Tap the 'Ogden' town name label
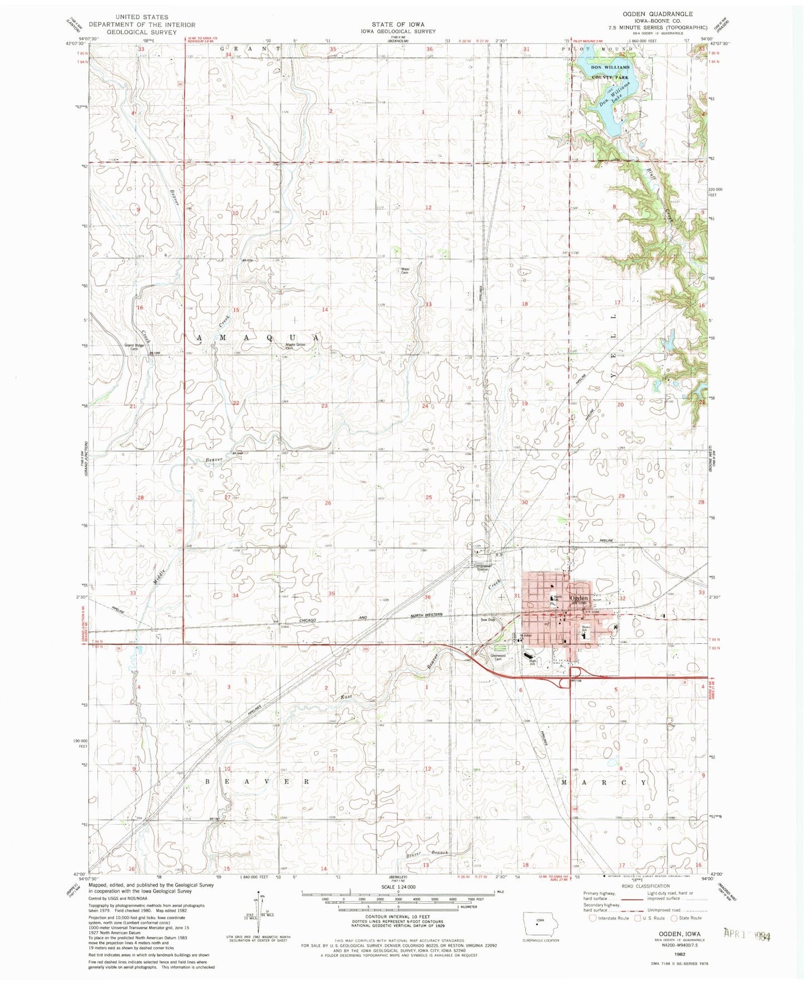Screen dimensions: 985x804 579,598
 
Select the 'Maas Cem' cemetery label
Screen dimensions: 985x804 406,271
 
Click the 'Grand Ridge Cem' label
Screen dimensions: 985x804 134,347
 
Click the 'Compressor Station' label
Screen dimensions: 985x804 482,567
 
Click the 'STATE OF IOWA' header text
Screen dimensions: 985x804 398,24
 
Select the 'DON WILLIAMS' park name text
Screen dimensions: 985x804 610,67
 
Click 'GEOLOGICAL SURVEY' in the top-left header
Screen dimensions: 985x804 142,32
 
